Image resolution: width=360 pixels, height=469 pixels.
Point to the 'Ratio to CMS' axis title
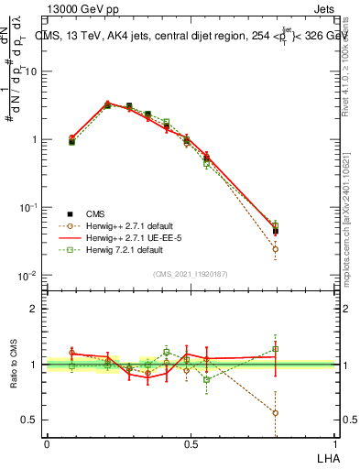click(13, 365)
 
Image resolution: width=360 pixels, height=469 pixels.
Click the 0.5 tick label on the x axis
click(191, 444)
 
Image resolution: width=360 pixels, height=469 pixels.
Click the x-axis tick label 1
click(335, 444)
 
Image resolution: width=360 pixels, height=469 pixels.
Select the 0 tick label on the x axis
click(47, 444)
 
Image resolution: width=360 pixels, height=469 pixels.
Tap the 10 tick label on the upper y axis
click(32, 71)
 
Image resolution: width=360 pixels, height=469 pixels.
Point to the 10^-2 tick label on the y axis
click(29, 275)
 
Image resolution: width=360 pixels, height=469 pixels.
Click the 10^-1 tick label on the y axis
click(29, 207)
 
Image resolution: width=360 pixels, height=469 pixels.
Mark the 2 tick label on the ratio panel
click(36, 309)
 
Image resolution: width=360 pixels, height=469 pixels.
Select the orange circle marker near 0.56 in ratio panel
click(276, 412)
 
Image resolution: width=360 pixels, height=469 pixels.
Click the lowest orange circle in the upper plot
click(276, 248)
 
